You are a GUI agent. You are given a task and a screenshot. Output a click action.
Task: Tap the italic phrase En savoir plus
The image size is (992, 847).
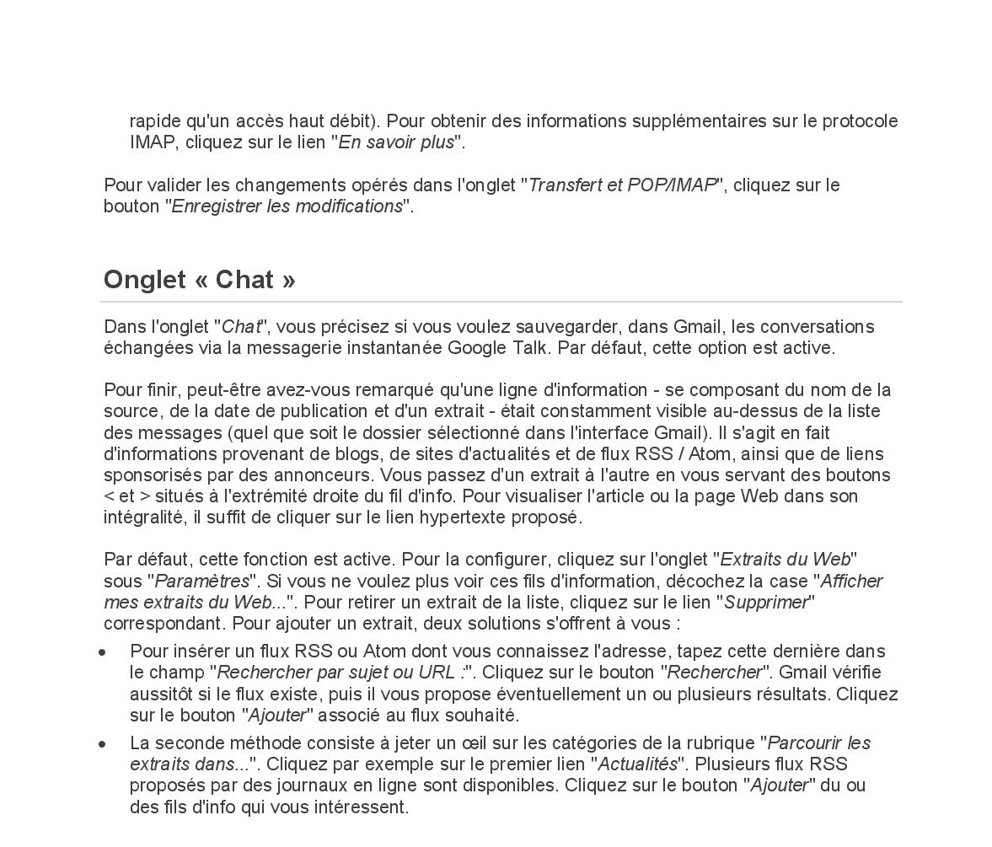396,142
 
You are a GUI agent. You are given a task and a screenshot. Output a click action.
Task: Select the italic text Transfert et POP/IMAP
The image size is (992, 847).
622,185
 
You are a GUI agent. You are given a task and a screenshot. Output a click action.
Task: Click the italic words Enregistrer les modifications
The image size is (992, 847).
287,206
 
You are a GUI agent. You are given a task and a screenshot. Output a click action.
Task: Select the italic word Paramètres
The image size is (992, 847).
202,582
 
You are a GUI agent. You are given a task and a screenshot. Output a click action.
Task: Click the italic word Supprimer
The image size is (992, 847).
766,603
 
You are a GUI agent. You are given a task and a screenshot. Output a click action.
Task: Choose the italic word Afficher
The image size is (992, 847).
851,582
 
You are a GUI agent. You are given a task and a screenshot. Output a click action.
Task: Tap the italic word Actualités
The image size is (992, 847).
637,764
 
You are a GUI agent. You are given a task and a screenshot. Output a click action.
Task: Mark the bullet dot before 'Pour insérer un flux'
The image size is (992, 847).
103,652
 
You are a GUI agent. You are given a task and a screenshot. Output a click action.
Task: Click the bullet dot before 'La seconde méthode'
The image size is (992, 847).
103,744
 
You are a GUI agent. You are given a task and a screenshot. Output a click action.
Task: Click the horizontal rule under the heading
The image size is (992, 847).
501,302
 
